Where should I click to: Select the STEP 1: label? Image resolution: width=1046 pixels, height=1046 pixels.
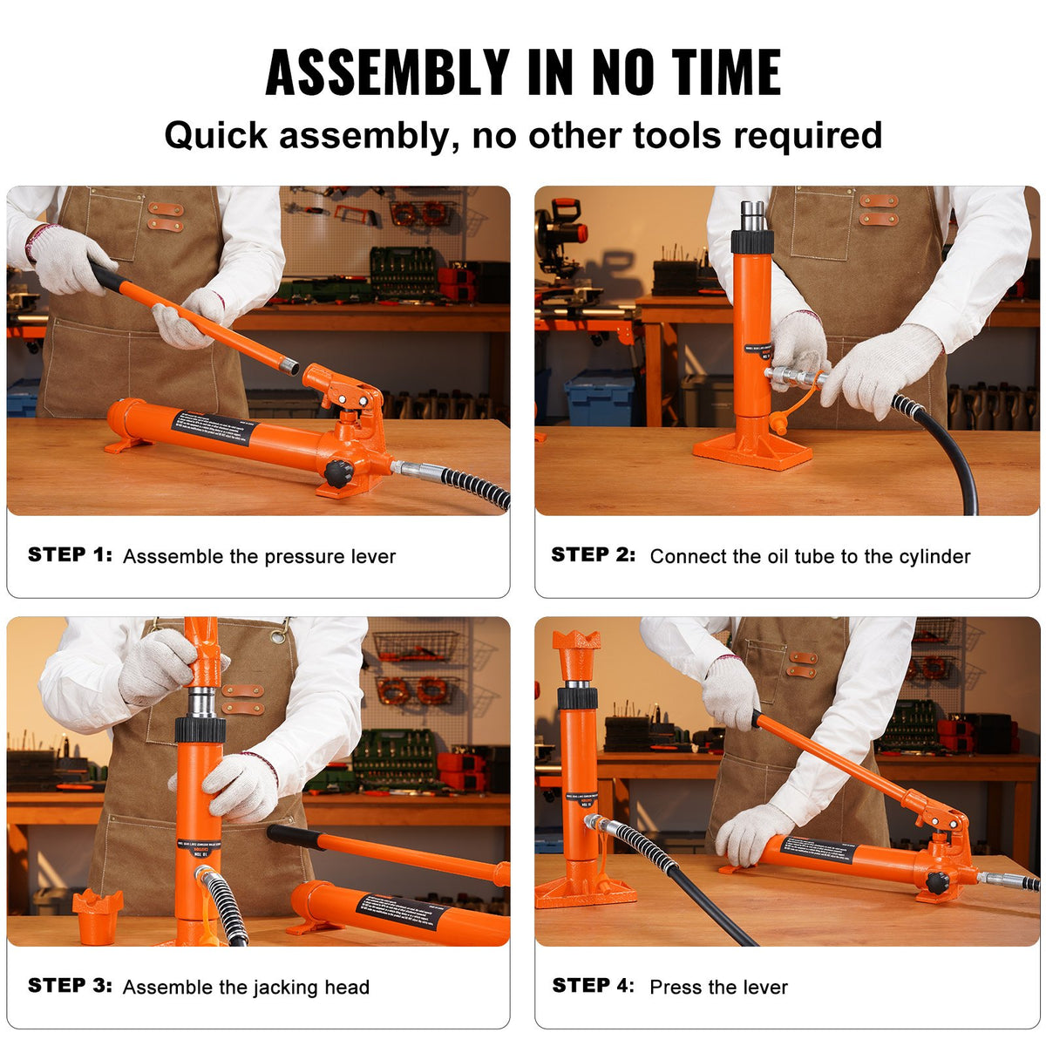(x=70, y=555)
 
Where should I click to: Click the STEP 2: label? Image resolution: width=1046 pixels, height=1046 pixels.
(x=594, y=555)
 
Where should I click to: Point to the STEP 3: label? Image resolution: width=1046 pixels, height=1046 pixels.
(x=70, y=986)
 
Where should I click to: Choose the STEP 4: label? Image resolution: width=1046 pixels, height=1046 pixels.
(x=594, y=986)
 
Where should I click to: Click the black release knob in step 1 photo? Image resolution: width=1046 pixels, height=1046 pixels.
(x=339, y=473)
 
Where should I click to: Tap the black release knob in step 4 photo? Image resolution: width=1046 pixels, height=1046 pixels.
(x=938, y=882)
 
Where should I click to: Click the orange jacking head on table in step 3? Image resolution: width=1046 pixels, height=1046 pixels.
(x=97, y=915)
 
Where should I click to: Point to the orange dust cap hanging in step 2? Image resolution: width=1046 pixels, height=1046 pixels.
(x=778, y=423)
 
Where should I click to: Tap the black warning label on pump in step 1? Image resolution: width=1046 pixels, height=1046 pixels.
(x=214, y=427)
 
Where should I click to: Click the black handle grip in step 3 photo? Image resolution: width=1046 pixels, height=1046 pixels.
(x=296, y=836)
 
